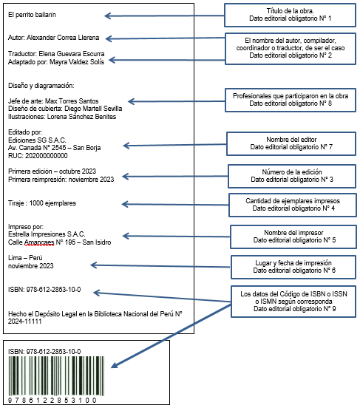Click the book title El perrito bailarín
[x=32, y=15]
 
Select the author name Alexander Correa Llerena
[x=63, y=38]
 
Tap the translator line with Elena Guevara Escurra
[x=56, y=54]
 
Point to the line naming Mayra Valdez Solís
[x=56, y=62]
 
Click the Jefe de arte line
[x=53, y=101]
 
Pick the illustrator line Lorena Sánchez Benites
[x=62, y=117]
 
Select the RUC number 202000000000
[x=47, y=156]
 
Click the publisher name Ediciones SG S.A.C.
[x=37, y=140]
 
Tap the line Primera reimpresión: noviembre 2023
[x=61, y=180]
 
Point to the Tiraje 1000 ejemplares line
[x=42, y=203]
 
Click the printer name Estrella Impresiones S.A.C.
[x=47, y=234]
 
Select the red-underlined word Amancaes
[x=39, y=242]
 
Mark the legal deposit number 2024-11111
[x=24, y=322]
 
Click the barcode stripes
[x=56, y=375]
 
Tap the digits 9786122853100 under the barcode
[x=52, y=400]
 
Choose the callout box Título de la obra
[x=290, y=15]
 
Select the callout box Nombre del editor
[x=291, y=143]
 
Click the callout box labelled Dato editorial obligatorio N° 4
[x=293, y=205]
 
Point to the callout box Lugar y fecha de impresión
[x=293, y=268]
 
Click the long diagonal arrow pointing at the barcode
[x=171, y=336]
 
